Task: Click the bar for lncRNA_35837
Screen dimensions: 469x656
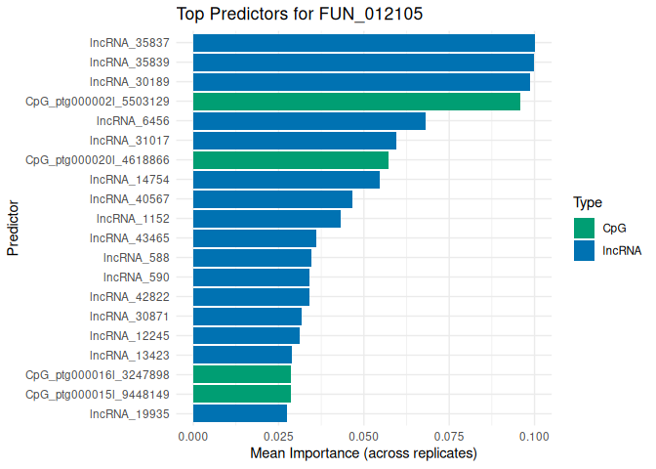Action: tap(363, 43)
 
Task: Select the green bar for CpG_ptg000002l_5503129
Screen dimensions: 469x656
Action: tap(356, 102)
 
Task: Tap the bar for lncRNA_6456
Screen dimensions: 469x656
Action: tap(309, 121)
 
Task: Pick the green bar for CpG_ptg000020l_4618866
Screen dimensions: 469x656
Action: tap(291, 160)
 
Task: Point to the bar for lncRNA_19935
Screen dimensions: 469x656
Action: tap(240, 413)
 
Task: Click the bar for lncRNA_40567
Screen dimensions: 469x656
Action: tap(272, 199)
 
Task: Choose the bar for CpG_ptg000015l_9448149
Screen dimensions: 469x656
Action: tap(242, 394)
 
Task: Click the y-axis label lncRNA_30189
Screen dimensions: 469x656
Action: tap(129, 82)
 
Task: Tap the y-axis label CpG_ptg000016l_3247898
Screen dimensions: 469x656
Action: tap(98, 374)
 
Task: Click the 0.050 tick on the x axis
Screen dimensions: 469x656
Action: tap(364, 433)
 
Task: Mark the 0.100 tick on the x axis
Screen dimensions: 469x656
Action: tap(535, 433)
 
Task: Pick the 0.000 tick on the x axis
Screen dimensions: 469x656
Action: tap(193, 433)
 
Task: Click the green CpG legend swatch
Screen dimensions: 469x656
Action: tap(584, 228)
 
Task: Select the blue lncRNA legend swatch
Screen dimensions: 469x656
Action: tap(584, 250)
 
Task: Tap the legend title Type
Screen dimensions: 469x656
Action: tap(587, 203)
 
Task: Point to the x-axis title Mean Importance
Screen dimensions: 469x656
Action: tap(363, 453)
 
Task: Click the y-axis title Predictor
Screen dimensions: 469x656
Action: tap(14, 229)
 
